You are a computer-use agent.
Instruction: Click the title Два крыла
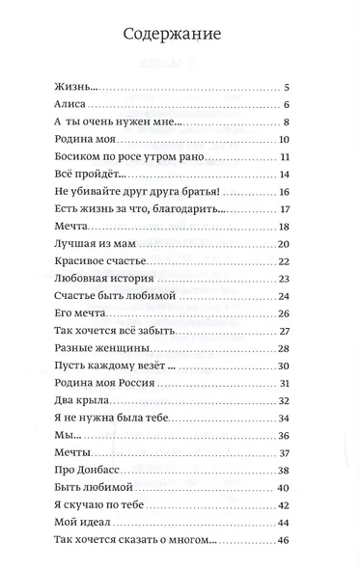click(x=72, y=400)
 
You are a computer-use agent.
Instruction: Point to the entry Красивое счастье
click(x=95, y=261)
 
